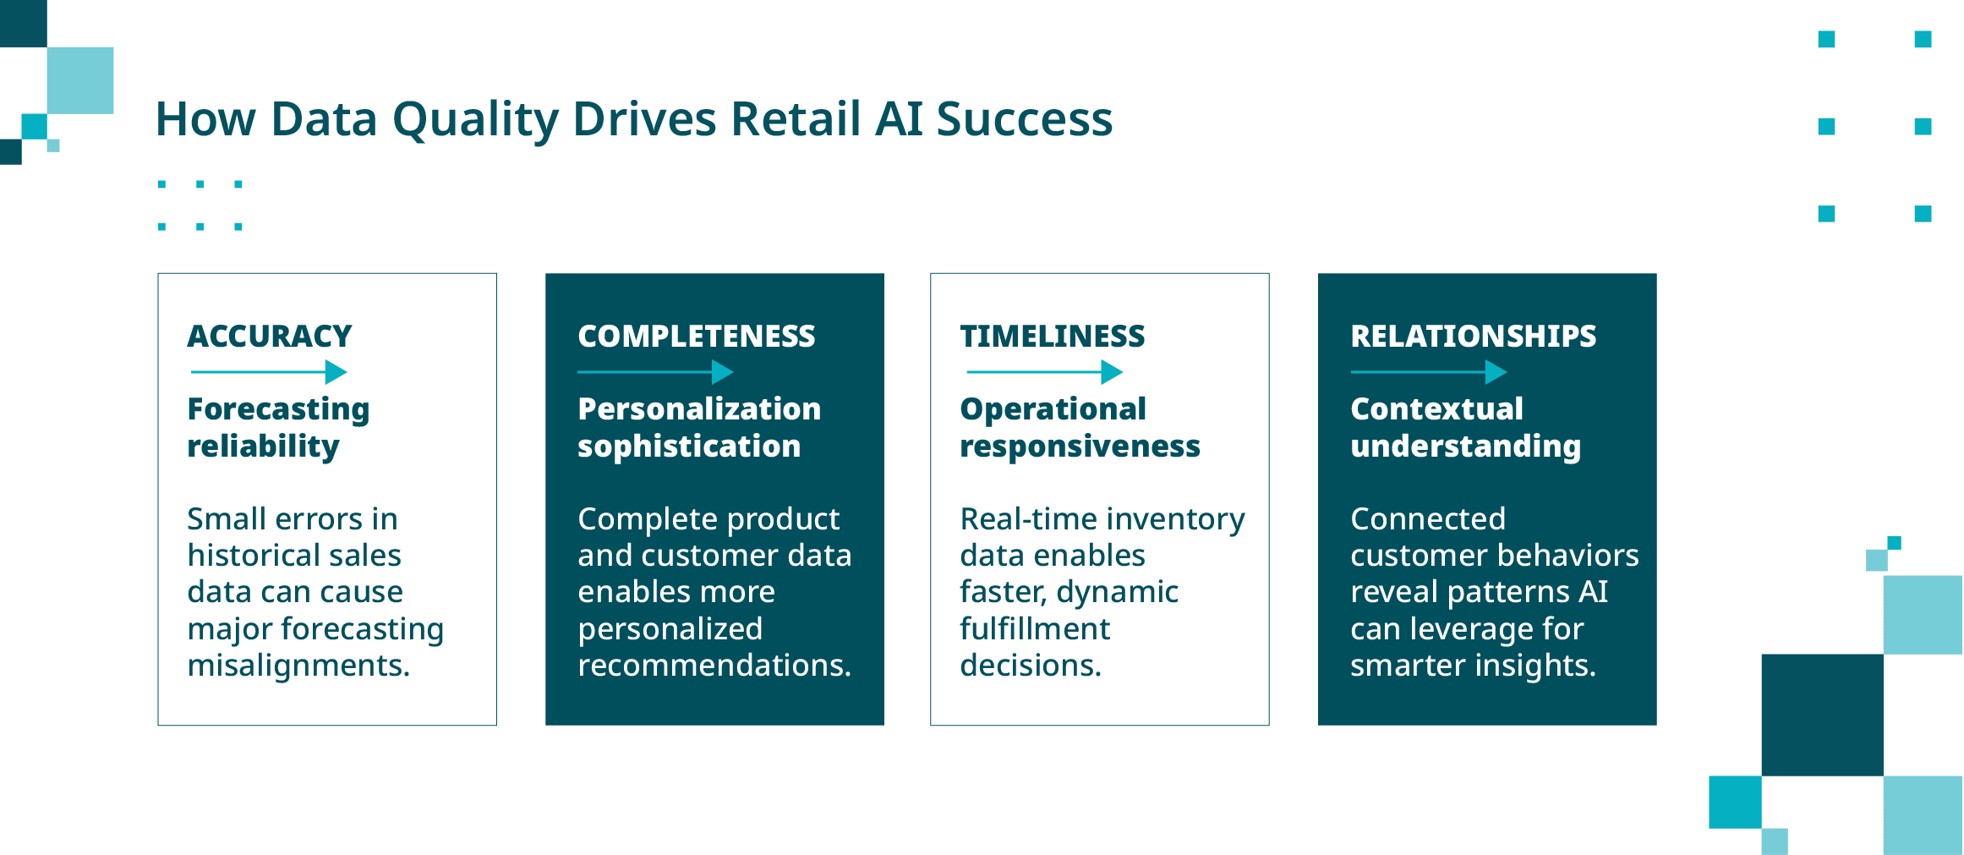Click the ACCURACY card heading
(269, 336)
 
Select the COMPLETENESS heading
(696, 336)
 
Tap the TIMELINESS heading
(1052, 336)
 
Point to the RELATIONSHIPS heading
(1473, 336)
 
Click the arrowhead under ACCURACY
(336, 372)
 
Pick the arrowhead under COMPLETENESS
(723, 372)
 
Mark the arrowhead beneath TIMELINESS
(1112, 372)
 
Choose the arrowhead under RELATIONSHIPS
(1496, 372)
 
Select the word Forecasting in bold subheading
(278, 409)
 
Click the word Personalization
(699, 409)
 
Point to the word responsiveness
(1080, 447)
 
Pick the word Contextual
(1436, 409)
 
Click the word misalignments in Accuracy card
(298, 666)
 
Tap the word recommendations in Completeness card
(714, 666)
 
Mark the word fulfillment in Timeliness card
(1035, 629)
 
